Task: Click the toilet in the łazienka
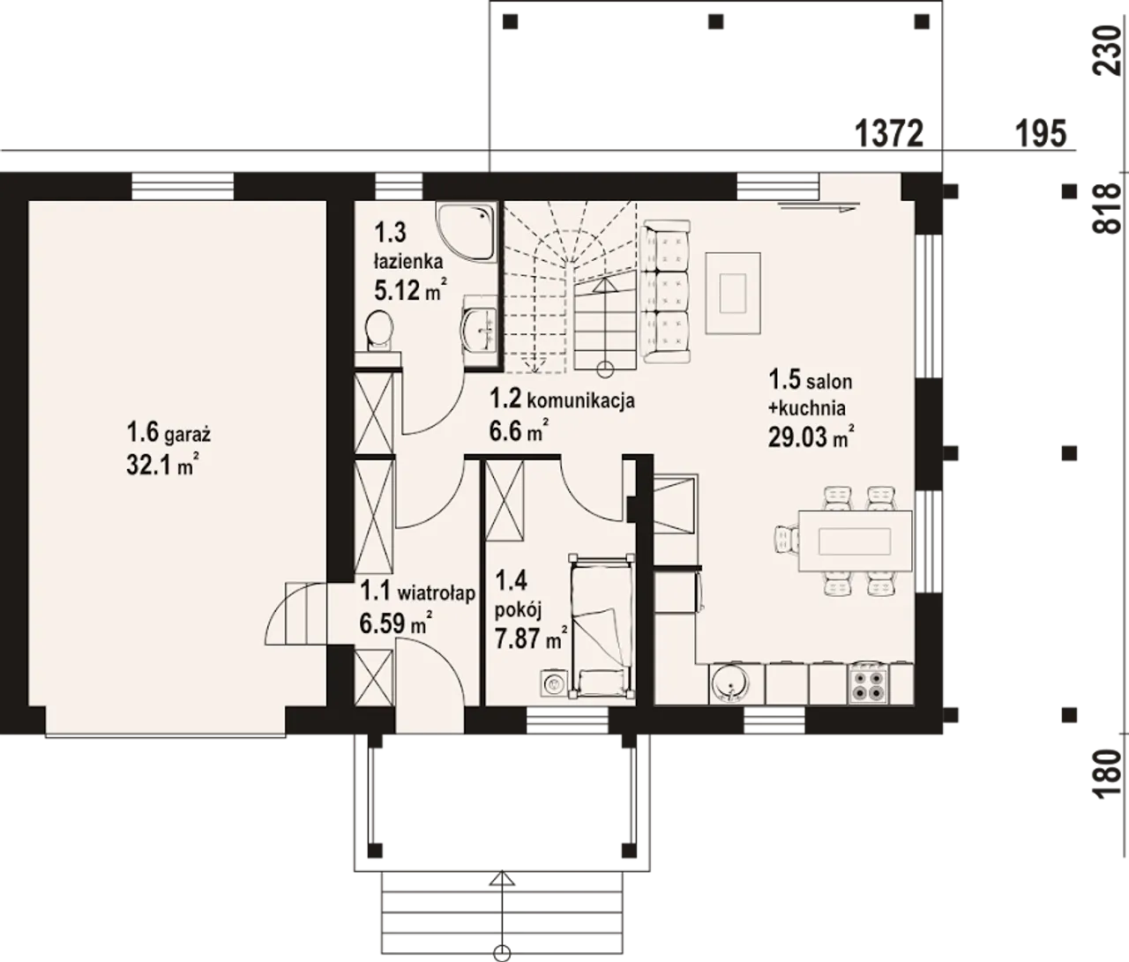pos(379,331)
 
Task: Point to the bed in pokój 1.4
pos(602,626)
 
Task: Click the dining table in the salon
pos(856,541)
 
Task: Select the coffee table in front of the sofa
pos(733,293)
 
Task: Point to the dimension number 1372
pos(889,134)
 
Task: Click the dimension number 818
pos(1106,209)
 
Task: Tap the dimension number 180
pos(1106,775)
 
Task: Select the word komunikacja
pos(580,401)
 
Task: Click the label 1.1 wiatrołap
pos(418,593)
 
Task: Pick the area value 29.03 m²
pos(811,436)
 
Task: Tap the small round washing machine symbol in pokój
pos(554,683)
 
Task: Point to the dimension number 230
pos(1106,56)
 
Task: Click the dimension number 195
pos(1041,134)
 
